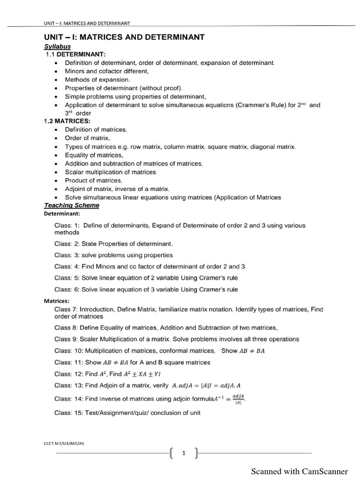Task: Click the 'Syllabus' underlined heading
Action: [57, 46]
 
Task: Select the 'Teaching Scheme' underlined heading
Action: [71, 205]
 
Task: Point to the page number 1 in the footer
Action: [184, 453]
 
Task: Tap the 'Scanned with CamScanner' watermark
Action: [300, 471]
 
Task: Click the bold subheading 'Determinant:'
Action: [62, 214]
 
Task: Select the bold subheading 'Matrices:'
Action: [57, 301]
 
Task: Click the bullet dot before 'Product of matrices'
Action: [56, 180]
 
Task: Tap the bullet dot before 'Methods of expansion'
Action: [56, 80]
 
